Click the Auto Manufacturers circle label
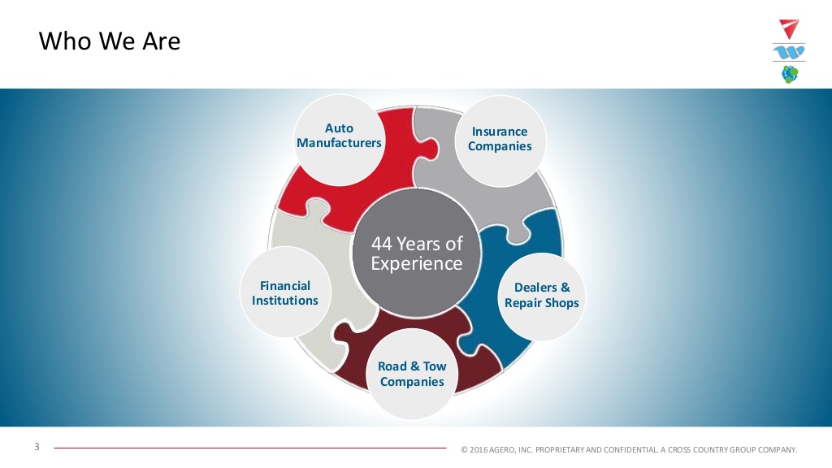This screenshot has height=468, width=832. [x=340, y=140]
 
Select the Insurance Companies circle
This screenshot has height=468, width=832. [x=500, y=141]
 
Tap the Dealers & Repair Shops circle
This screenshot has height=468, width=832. [x=541, y=297]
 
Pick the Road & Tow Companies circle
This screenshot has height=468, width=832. [x=412, y=374]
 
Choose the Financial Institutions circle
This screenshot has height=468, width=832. [x=285, y=292]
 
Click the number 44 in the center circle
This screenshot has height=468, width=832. [x=382, y=244]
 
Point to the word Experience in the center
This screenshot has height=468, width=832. [x=417, y=264]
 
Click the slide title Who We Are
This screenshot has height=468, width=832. [x=110, y=41]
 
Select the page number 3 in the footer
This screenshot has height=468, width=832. [x=37, y=447]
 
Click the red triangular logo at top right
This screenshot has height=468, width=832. [x=789, y=28]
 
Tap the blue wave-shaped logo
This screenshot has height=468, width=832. [x=789, y=52]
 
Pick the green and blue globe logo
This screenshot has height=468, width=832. [x=790, y=74]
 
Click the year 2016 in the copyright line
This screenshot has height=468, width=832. [x=478, y=450]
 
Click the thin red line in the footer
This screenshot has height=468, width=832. [x=250, y=448]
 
